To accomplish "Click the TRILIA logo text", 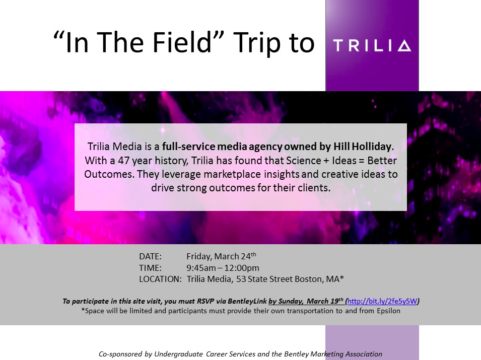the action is tap(372, 46).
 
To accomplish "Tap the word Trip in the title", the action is tap(256, 43).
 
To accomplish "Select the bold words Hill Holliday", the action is tap(363, 147).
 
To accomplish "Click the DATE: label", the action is tap(150, 256).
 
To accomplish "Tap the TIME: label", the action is tap(150, 268).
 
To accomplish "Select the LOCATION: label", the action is tap(161, 279).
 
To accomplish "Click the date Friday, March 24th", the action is tap(221, 256).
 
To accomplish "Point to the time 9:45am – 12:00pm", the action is tap(223, 268).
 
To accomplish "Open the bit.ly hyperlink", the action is tap(382, 301).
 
